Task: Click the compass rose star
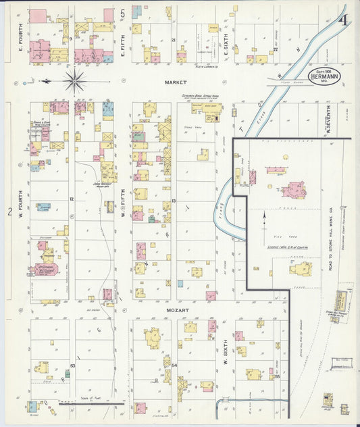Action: pyautogui.click(x=75, y=81)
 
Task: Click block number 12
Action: pyautogui.click(x=71, y=200)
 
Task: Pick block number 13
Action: pyautogui.click(x=174, y=201)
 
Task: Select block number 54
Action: pyautogui.click(x=174, y=366)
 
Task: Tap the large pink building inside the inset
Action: pyautogui.click(x=293, y=189)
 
